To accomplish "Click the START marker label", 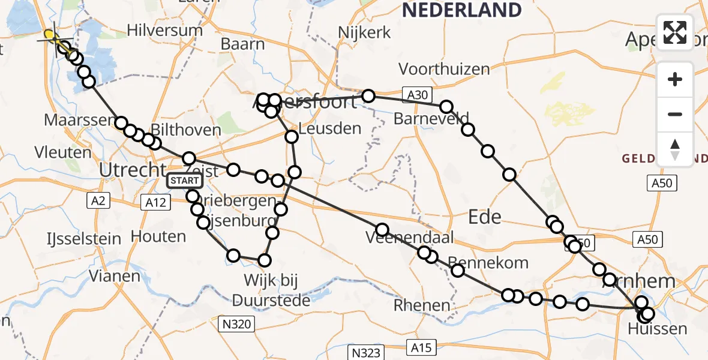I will (185, 180).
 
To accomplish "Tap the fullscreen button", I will (675, 32).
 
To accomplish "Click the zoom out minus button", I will (675, 114).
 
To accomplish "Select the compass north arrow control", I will (675, 149).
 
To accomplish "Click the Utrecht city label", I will (132, 171).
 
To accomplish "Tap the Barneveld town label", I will (432, 118).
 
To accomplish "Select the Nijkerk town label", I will (365, 32).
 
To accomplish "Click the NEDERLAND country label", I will (461, 10).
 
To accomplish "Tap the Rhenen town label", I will (422, 305).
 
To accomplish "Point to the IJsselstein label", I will (84, 239).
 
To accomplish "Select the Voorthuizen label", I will (444, 70).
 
